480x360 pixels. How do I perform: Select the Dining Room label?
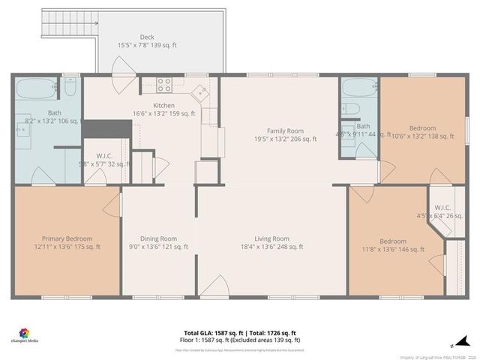point(158,238)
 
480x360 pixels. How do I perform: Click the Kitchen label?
point(163,106)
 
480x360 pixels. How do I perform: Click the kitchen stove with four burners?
point(165,84)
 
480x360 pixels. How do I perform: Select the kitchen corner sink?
point(201,93)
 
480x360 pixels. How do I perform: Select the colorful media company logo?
point(25,332)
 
